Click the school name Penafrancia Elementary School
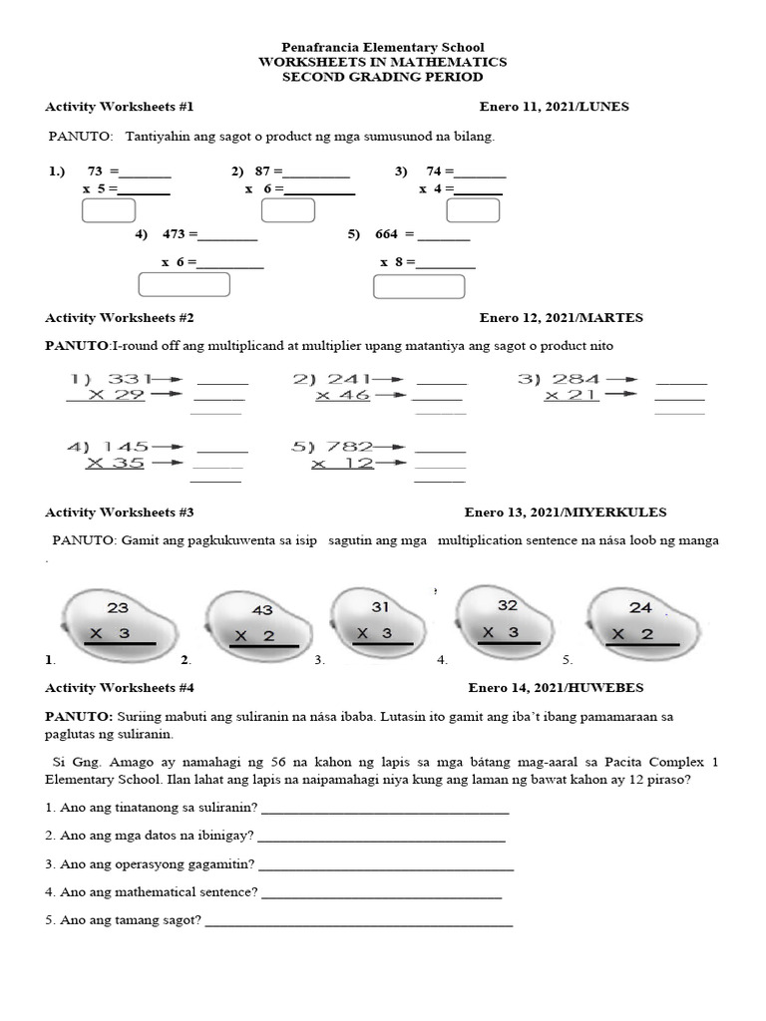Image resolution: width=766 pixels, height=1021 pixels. pyautogui.click(x=383, y=47)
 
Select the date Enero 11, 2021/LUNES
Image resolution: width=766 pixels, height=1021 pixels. pyautogui.click(x=554, y=107)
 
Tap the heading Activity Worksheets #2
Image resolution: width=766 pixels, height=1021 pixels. pyautogui.click(x=120, y=318)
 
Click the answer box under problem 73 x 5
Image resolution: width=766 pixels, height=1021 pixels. pyautogui.click(x=109, y=210)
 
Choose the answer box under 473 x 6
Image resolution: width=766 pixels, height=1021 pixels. pyautogui.click(x=184, y=284)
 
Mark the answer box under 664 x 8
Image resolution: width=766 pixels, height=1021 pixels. pyautogui.click(x=419, y=286)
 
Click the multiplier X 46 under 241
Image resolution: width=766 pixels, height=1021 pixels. pyautogui.click(x=343, y=396)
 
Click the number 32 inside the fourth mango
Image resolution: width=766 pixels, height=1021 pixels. pyautogui.click(x=507, y=605)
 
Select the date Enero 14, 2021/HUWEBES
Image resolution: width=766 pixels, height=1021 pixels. pyautogui.click(x=556, y=688)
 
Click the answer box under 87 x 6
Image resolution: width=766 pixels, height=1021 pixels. pyautogui.click(x=287, y=210)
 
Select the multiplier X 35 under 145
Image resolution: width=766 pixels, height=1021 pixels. pyautogui.click(x=115, y=463)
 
